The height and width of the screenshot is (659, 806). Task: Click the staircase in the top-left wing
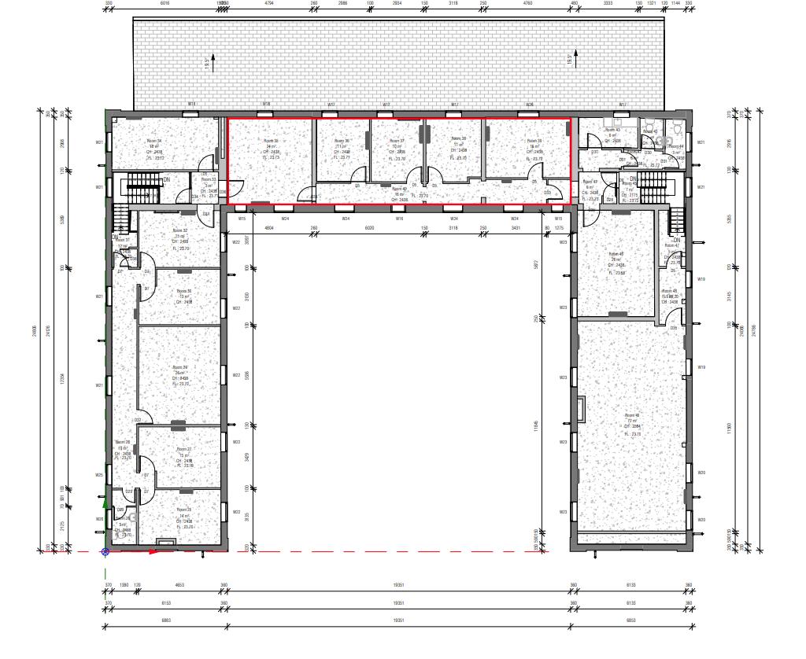coord(142,189)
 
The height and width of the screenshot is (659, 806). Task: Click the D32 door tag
coord(137,420)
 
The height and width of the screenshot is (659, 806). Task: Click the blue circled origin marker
coord(105,552)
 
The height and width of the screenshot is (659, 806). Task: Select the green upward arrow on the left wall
coord(105,500)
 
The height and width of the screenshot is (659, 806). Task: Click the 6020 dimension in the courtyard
coord(368,227)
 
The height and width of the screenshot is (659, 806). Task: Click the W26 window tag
coord(530,105)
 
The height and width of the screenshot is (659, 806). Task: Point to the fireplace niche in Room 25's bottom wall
coord(165,541)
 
